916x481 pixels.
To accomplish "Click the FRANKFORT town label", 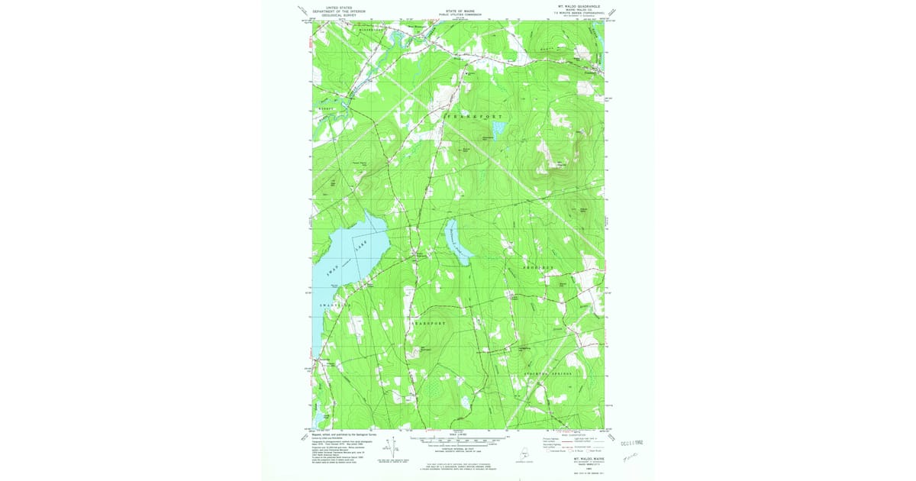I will tap(475, 115).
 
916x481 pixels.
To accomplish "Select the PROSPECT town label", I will tap(543, 269).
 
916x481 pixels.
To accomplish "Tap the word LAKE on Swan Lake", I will tap(361, 245).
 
